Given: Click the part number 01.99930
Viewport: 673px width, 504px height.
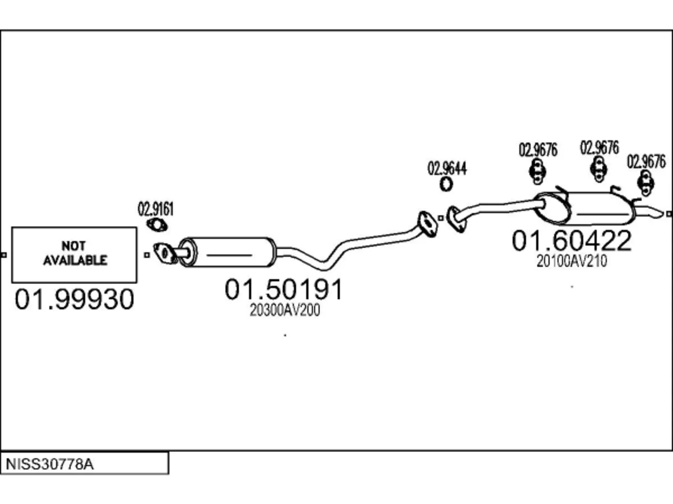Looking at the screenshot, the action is pos(75,299).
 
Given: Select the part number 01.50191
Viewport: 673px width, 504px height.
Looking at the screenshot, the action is pos(283,289).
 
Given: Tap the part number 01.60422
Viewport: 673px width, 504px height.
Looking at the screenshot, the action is pos(572,240).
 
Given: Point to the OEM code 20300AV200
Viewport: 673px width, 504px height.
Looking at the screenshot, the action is pos(285,310).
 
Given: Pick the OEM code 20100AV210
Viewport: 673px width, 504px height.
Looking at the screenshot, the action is pos(572,261).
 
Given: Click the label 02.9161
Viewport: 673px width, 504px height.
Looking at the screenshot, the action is pos(156,209).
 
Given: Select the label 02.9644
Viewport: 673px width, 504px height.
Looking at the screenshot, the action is pos(447,169).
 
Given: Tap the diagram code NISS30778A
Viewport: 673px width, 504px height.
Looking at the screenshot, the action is pos(49,464).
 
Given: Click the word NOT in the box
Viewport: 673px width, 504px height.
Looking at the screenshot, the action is pos(73,246).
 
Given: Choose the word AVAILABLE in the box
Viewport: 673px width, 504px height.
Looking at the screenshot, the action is pos(75,260).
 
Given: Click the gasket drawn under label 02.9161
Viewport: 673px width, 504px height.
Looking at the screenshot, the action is pos(157,225).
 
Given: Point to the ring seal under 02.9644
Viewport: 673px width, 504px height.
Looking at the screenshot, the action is pos(446,184).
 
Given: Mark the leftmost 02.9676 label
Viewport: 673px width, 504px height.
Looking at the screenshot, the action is pos(538,150).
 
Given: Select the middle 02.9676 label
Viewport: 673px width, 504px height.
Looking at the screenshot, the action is pos(599,148).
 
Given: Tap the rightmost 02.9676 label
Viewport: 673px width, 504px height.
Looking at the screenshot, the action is pos(646,162).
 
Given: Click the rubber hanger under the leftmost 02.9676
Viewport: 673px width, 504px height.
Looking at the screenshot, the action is pos(537,171).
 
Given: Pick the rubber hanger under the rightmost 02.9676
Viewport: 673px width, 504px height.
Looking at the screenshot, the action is pos(646,183).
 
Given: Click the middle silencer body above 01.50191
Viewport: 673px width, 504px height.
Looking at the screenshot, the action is pos(228,252).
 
